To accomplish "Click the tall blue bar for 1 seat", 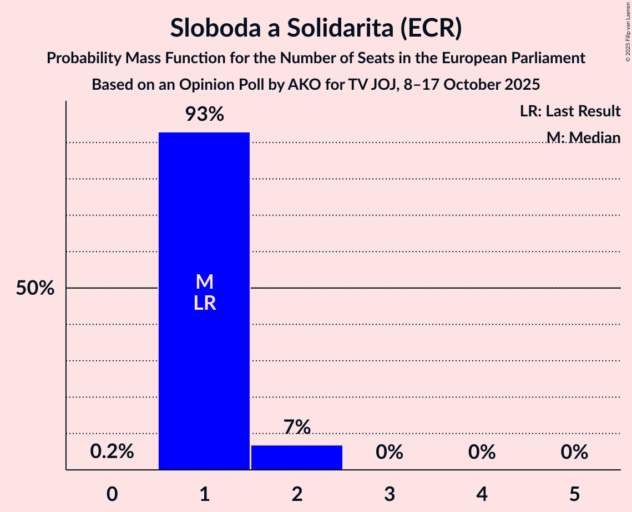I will click(x=204, y=360).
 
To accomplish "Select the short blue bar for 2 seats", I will click(x=297, y=458).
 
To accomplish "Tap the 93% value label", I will click(x=204, y=115).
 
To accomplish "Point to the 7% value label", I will click(x=297, y=427).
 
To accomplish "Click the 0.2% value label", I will click(x=112, y=452).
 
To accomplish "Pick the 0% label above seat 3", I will click(x=389, y=452).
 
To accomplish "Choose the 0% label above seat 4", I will click(x=482, y=452).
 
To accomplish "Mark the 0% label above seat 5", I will click(x=574, y=452).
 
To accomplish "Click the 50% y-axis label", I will click(x=35, y=289).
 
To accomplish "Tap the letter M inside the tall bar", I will click(x=204, y=282).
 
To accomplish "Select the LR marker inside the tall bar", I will click(x=204, y=303).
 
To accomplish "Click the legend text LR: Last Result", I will click(x=570, y=111).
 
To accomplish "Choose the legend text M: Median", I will click(x=583, y=137).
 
